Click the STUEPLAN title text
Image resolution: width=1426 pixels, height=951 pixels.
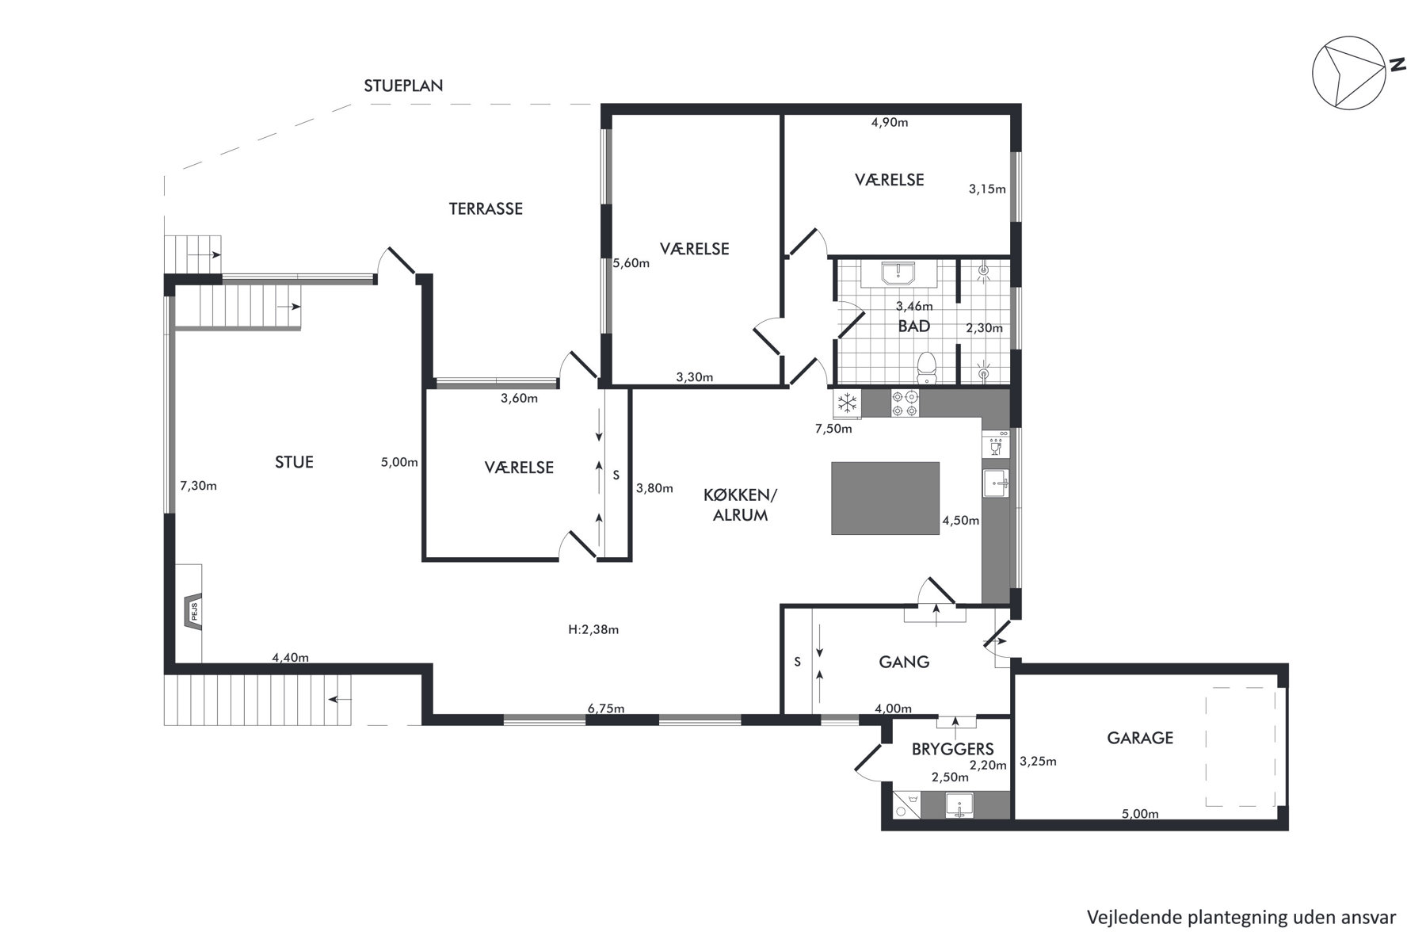tap(403, 86)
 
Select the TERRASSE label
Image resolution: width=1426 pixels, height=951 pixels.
tap(486, 209)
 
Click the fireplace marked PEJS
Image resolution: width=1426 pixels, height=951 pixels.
tap(191, 612)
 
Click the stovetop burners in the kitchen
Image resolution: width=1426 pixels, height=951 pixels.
tap(906, 403)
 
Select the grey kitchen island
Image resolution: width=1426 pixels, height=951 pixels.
tap(885, 498)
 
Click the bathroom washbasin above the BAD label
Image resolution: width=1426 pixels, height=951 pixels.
tap(899, 273)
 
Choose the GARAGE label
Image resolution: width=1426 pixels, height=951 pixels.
tap(1140, 738)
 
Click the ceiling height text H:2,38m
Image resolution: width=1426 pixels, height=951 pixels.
tap(593, 630)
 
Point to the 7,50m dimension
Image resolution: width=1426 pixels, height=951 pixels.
tap(833, 429)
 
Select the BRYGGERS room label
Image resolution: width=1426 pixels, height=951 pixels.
tap(952, 749)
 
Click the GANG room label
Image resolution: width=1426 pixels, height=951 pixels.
tap(904, 662)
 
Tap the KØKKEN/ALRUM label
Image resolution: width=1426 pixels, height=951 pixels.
tap(741, 505)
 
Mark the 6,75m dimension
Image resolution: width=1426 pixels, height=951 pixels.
tap(606, 708)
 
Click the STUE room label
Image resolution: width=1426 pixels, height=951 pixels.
tap(294, 462)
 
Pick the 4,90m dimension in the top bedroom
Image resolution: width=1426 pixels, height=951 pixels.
tap(889, 122)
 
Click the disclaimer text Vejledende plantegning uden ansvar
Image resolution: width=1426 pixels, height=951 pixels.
tap(1241, 918)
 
